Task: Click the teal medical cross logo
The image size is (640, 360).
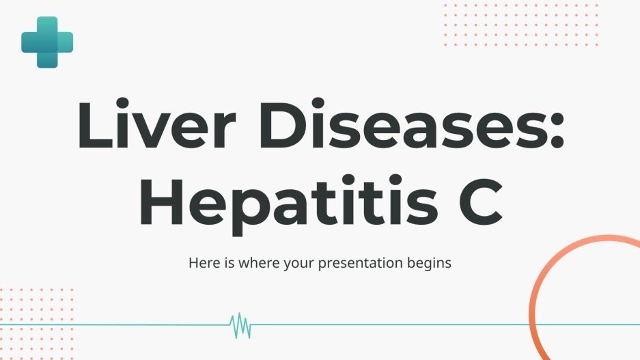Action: [x=47, y=42]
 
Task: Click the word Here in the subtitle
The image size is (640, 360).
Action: [x=203, y=262]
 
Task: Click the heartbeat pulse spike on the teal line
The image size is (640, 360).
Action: [x=240, y=325]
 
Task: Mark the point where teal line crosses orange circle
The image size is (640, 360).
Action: [x=533, y=324]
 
